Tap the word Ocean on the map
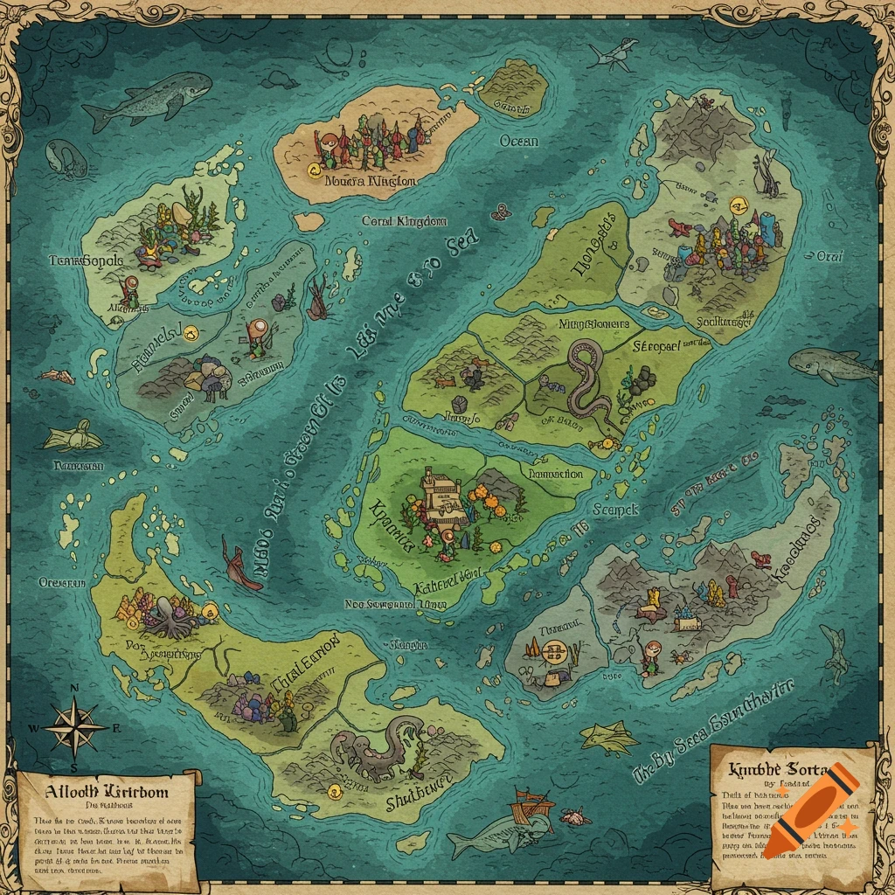(x=519, y=141)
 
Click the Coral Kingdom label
(x=404, y=222)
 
